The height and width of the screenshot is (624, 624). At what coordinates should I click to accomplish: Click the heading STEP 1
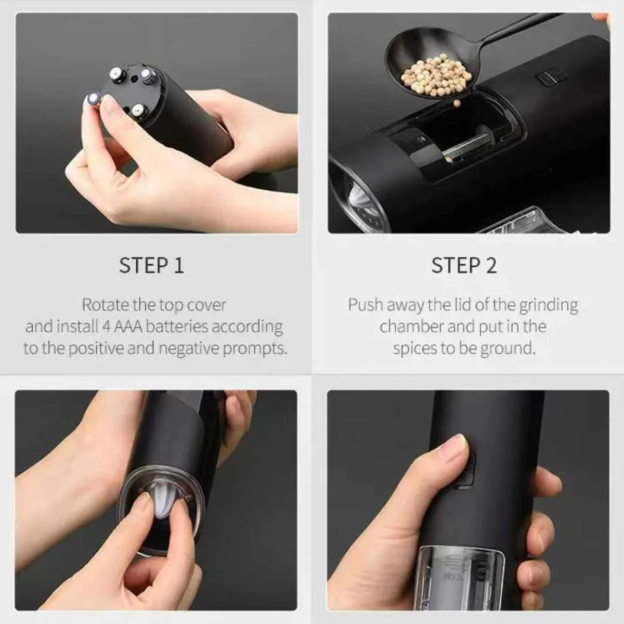(x=151, y=265)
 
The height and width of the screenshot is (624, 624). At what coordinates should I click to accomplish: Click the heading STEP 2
(x=463, y=265)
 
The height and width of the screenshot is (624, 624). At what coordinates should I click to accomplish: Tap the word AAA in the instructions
(x=129, y=327)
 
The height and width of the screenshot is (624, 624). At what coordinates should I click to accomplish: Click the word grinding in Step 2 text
(x=548, y=305)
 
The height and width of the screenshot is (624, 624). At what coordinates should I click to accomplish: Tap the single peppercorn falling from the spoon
(x=457, y=103)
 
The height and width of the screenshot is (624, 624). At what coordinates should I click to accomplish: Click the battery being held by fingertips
(x=94, y=99)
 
